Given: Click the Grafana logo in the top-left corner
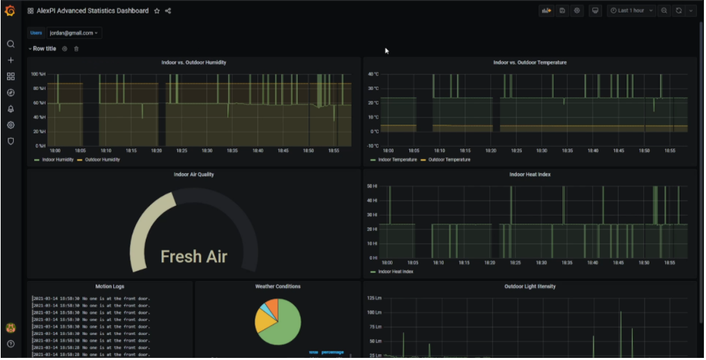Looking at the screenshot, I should pyautogui.click(x=10, y=10).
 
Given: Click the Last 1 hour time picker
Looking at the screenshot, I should pyautogui.click(x=632, y=10).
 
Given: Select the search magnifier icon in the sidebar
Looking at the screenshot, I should pyautogui.click(x=10, y=44).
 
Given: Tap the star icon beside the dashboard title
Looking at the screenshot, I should pyautogui.click(x=157, y=11).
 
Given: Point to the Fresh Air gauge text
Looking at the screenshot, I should pyautogui.click(x=194, y=257).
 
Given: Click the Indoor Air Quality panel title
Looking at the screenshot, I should pyautogui.click(x=194, y=174).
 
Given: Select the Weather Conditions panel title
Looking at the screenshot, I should pyautogui.click(x=278, y=286).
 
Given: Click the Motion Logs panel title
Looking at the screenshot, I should pyautogui.click(x=110, y=286).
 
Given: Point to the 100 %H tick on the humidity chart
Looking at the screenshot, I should pyautogui.click(x=38, y=74).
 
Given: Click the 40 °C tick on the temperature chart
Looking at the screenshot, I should pyautogui.click(x=373, y=74).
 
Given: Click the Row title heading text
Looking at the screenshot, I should pyautogui.click(x=45, y=49).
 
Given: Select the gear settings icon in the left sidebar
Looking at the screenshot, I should pyautogui.click(x=10, y=125).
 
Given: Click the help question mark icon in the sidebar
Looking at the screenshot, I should pyautogui.click(x=10, y=344).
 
